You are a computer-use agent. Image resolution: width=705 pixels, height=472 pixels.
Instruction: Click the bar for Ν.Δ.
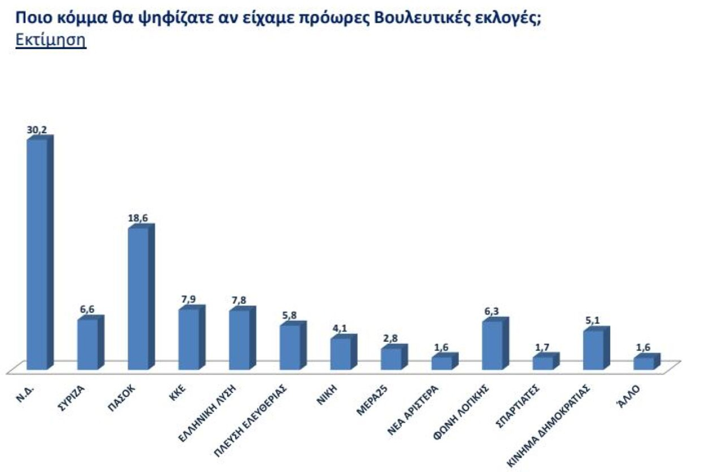(x=37, y=253)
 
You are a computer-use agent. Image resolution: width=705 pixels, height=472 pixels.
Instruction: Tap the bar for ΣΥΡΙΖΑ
(x=87, y=344)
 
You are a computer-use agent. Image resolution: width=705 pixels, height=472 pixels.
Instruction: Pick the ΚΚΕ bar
(x=189, y=339)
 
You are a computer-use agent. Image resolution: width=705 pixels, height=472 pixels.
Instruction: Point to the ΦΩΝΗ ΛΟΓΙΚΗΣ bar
(x=492, y=345)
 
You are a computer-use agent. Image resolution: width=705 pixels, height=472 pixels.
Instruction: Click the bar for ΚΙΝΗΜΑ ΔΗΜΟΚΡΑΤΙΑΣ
(x=593, y=349)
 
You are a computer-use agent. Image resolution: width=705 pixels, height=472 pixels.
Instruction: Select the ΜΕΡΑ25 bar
(x=391, y=358)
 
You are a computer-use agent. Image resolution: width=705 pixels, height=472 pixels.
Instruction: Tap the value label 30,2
(x=37, y=130)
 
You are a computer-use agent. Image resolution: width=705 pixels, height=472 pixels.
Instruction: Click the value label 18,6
(x=138, y=219)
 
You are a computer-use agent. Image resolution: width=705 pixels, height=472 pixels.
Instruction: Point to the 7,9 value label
(x=189, y=300)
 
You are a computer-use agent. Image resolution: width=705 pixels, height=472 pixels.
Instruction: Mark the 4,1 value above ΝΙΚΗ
(x=340, y=329)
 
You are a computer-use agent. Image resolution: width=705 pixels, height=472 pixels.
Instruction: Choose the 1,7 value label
(x=542, y=348)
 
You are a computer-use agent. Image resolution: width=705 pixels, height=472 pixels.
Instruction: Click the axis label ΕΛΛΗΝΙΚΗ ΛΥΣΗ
(x=208, y=413)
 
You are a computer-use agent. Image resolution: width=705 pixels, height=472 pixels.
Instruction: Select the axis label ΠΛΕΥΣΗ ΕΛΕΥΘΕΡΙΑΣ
(x=251, y=421)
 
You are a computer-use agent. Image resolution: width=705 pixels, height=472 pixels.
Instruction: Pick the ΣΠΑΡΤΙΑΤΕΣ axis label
(x=517, y=406)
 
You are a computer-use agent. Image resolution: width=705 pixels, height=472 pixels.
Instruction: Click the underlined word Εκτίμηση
(x=51, y=40)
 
